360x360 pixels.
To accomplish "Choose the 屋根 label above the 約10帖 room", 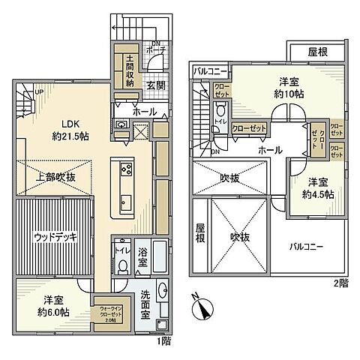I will [x=317, y=52].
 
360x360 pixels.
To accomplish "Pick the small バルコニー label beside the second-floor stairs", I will [x=210, y=71].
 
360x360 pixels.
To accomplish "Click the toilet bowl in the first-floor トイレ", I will [x=121, y=264].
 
